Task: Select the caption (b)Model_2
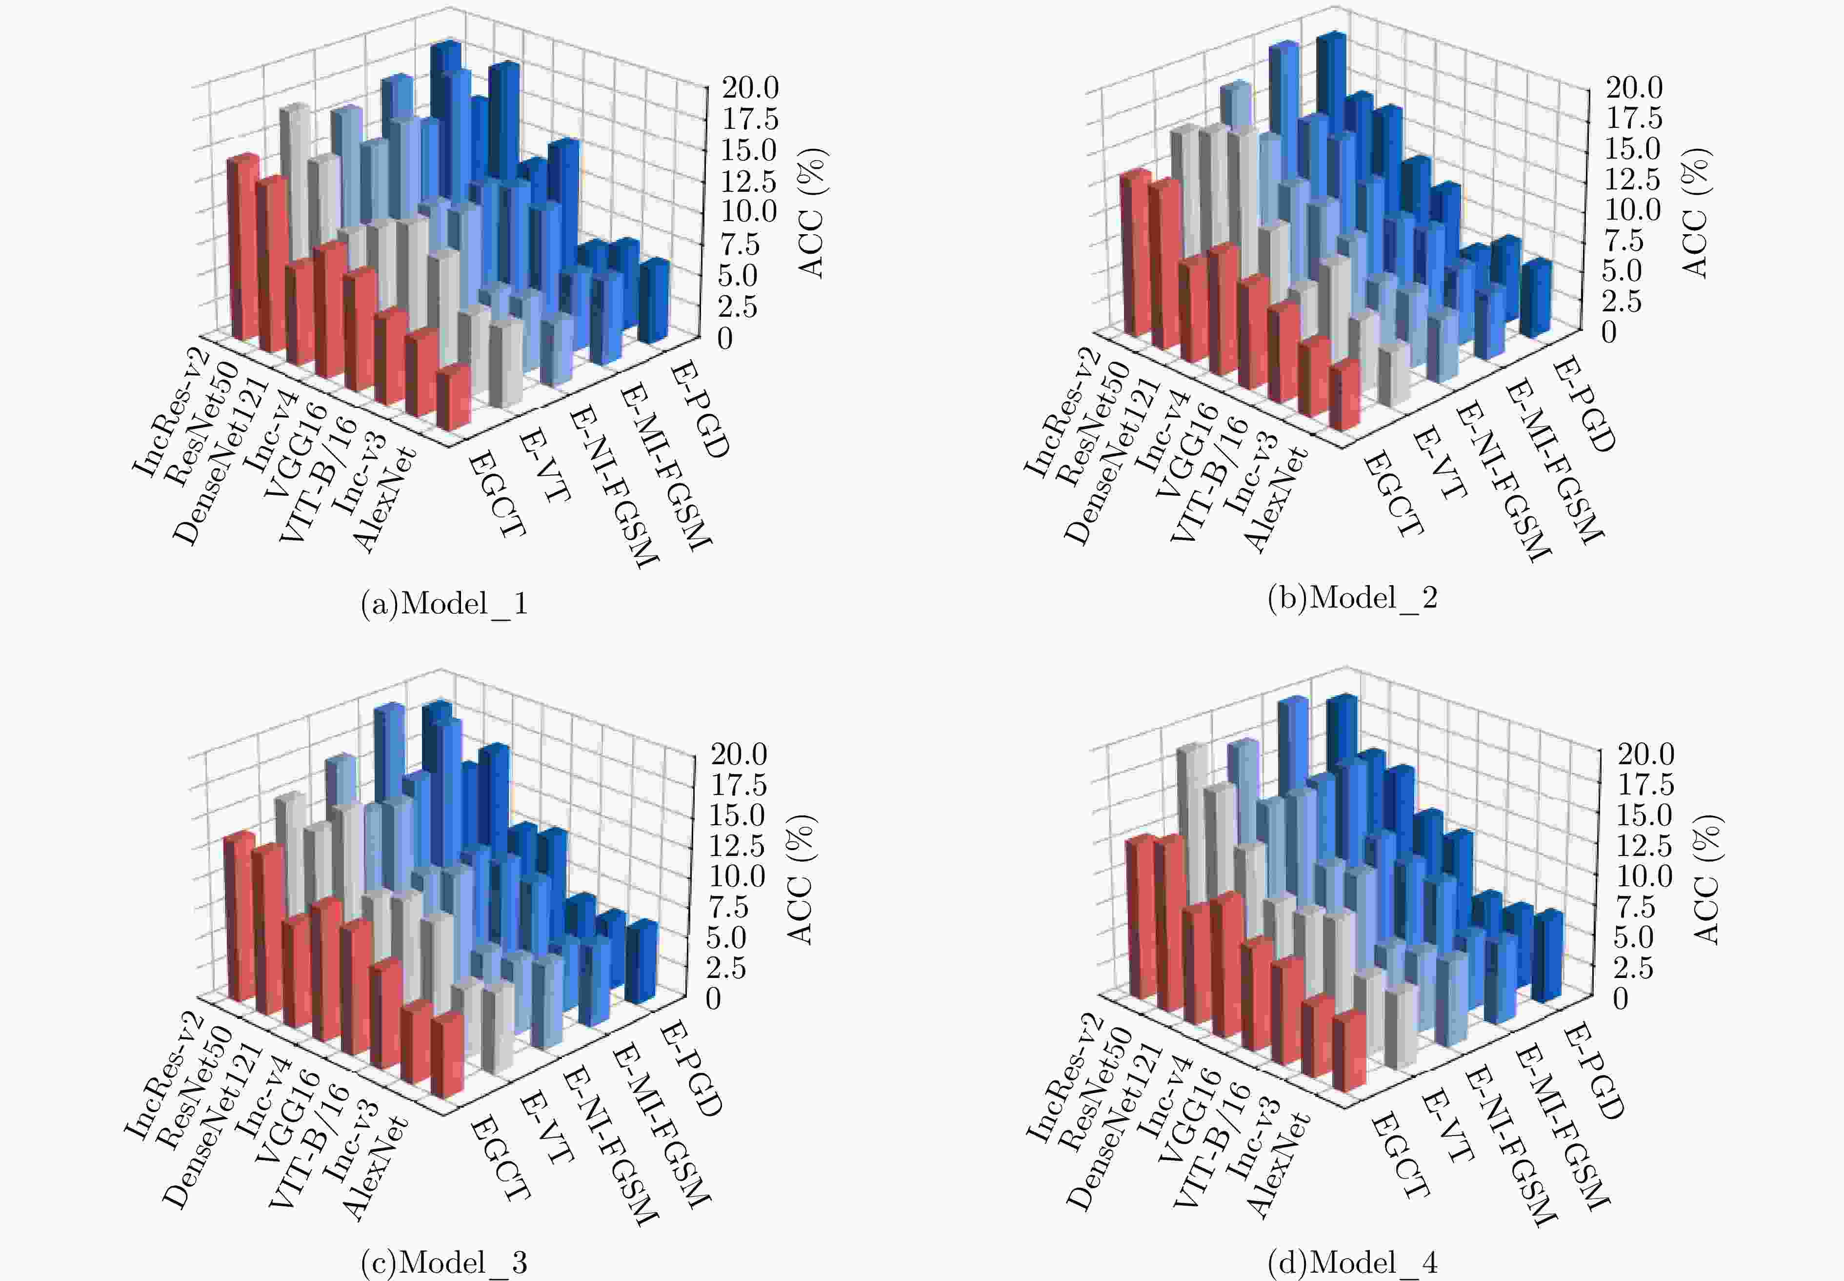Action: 1352,598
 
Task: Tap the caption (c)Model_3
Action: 444,1262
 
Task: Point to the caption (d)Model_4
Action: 1352,1262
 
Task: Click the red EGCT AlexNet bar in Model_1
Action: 453,399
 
